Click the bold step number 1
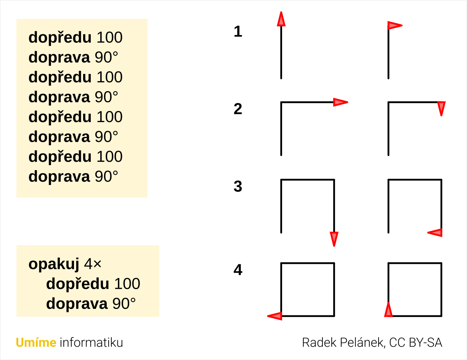[238, 32]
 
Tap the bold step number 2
[238, 109]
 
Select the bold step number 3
[238, 186]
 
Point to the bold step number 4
[238, 270]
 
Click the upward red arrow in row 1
[281, 19]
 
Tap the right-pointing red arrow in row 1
[395, 26]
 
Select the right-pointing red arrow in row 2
[341, 102]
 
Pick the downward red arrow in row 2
[441, 109]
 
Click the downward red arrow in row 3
[334, 239]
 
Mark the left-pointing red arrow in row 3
[435, 233]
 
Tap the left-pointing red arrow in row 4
[274, 316]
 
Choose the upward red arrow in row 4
[388, 310]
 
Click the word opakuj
[54, 264]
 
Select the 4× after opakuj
[93, 264]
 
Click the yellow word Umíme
[36, 342]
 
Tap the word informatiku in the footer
[91, 342]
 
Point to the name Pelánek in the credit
[362, 342]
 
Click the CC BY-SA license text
[416, 342]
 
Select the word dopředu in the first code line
[60, 38]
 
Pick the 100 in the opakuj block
[127, 284]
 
